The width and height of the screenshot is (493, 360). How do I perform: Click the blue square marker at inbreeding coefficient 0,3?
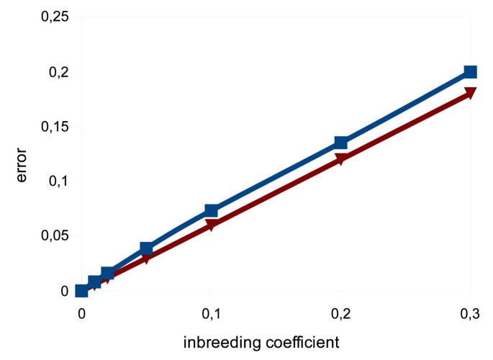coord(470,72)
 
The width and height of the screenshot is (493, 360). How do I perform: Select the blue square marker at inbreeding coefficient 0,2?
coord(340,143)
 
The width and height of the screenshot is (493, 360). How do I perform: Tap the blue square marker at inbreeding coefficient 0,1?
coord(211,210)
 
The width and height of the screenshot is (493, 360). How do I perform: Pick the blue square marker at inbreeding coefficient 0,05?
coord(146,249)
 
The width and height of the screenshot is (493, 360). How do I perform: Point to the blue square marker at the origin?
coord(81,291)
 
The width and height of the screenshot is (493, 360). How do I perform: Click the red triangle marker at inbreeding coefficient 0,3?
coord(470,94)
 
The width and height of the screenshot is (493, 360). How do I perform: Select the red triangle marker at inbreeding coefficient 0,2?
coord(340,160)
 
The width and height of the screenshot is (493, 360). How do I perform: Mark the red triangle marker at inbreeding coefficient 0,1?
coord(211,225)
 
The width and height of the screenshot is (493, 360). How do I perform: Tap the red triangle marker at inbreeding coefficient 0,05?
coord(146,258)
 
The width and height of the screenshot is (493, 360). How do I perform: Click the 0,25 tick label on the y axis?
coord(55,17)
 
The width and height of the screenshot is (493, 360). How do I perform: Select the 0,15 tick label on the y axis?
coord(55,127)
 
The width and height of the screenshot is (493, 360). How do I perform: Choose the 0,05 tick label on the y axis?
coord(55,236)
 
